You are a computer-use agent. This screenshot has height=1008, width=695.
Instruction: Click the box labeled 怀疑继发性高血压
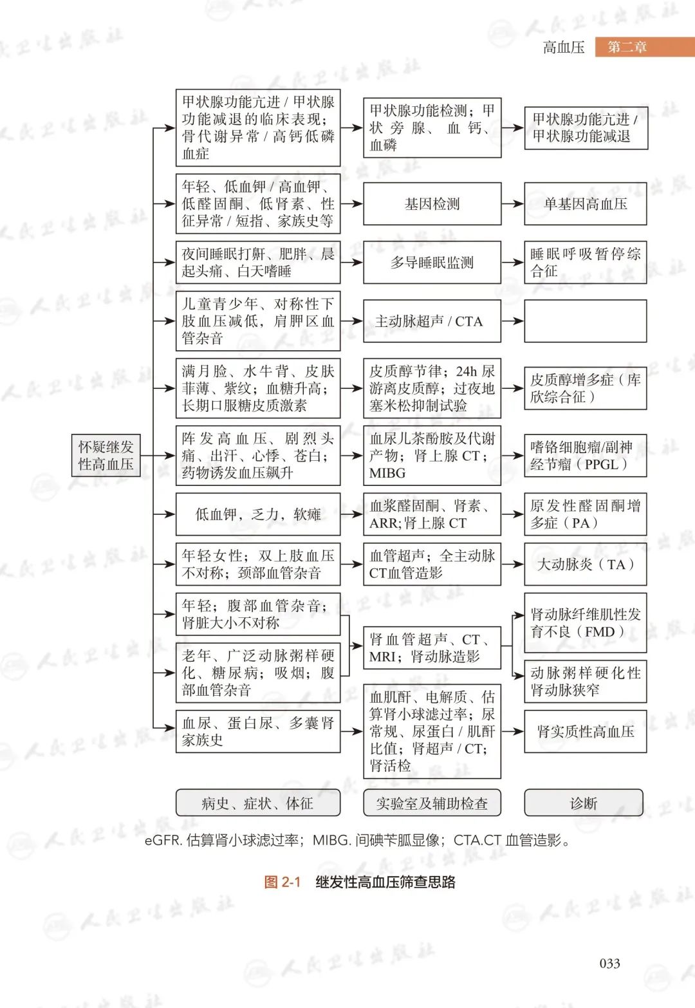click(106, 455)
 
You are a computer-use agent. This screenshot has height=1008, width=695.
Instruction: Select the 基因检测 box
click(432, 204)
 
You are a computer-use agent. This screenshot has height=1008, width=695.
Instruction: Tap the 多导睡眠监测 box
click(432, 263)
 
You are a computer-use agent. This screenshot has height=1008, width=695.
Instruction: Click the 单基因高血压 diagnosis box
click(585, 204)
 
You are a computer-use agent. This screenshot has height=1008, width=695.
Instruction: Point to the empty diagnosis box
click(585, 321)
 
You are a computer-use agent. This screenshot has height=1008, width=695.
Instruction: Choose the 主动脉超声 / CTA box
click(432, 321)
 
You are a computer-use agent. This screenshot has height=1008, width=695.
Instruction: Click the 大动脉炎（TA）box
click(585, 565)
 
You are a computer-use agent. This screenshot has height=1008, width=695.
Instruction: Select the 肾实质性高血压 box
click(585, 731)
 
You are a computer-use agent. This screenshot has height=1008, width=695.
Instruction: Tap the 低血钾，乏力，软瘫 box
click(257, 514)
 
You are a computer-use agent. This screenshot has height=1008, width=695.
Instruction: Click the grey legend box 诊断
click(583, 803)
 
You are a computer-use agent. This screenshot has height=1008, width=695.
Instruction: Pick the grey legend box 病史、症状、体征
click(257, 803)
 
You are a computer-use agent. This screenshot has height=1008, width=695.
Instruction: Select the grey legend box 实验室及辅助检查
click(432, 803)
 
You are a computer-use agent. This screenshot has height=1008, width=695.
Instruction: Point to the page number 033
click(609, 963)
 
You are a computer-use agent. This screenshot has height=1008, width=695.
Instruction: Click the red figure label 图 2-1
click(282, 882)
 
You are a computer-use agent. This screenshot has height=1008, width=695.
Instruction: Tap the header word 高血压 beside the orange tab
click(564, 47)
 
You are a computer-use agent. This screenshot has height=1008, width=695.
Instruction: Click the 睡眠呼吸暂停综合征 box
click(585, 263)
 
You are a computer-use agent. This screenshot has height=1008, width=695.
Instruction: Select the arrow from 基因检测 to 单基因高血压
click(512, 204)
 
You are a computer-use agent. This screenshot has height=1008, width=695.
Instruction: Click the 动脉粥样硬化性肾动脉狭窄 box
click(585, 681)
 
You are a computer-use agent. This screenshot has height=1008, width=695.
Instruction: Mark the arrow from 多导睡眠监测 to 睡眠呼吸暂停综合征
click(512, 263)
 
